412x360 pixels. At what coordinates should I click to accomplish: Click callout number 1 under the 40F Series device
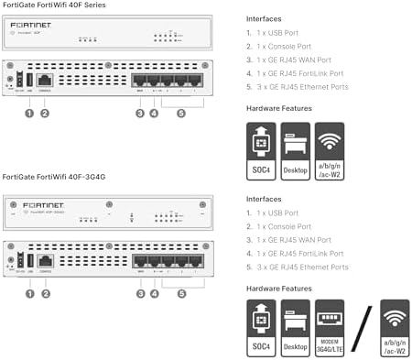pyautogui.click(x=29, y=114)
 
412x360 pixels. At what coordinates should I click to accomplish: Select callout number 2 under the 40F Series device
pyautogui.click(x=44, y=114)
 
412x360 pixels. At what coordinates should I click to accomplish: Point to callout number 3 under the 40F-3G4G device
pyautogui.click(x=139, y=293)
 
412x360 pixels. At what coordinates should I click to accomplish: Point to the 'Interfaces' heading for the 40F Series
pyautogui.click(x=265, y=17)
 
